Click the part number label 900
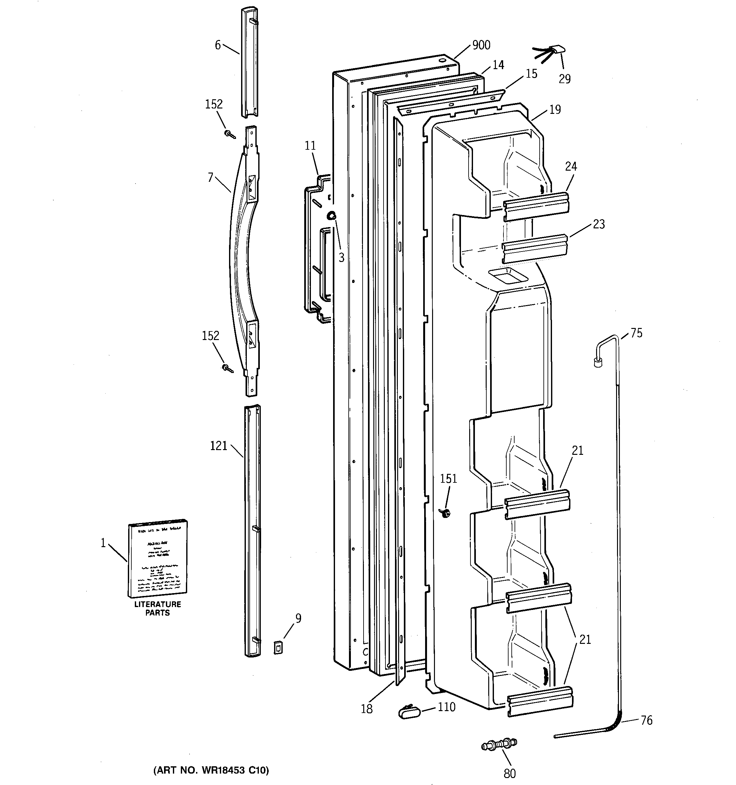click(x=481, y=45)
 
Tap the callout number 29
click(x=565, y=79)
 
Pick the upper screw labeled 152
click(x=230, y=135)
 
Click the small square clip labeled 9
click(x=279, y=648)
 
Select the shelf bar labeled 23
click(x=535, y=248)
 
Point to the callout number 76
click(x=646, y=720)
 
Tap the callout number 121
click(x=219, y=446)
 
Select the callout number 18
click(x=367, y=709)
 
